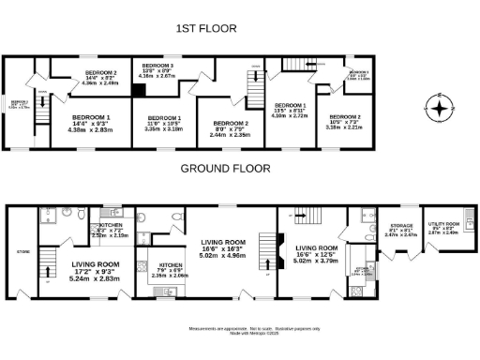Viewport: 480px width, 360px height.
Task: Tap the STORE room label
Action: pyautogui.click(x=22, y=251)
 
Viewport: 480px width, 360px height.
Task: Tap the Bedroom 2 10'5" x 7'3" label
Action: pyautogui.click(x=344, y=120)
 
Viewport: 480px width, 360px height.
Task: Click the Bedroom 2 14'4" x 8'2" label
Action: pyautogui.click(x=99, y=76)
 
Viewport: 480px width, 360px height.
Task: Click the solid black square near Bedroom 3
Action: pyautogui.click(x=138, y=91)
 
